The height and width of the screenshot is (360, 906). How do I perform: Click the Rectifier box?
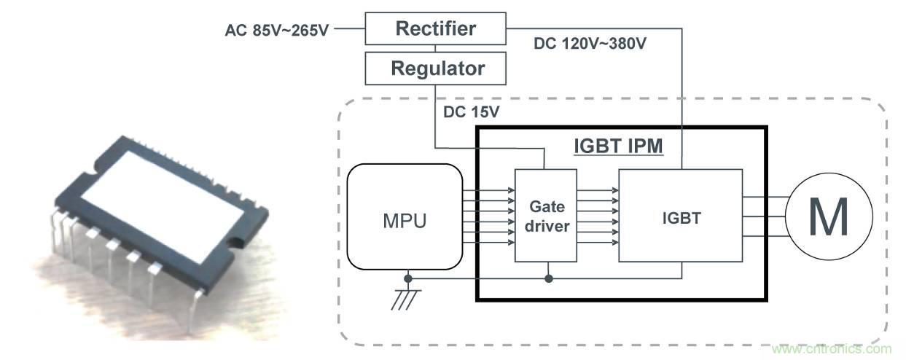[x=435, y=29]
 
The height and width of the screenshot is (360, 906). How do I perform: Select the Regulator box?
[x=435, y=69]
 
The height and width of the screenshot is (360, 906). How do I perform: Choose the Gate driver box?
[x=545, y=216]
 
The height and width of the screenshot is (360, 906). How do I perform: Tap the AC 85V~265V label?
[x=277, y=31]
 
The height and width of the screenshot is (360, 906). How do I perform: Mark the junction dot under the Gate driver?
[x=547, y=278]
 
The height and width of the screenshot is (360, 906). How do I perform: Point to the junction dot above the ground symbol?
[x=409, y=278]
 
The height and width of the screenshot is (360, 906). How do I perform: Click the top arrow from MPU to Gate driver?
[x=488, y=191]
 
